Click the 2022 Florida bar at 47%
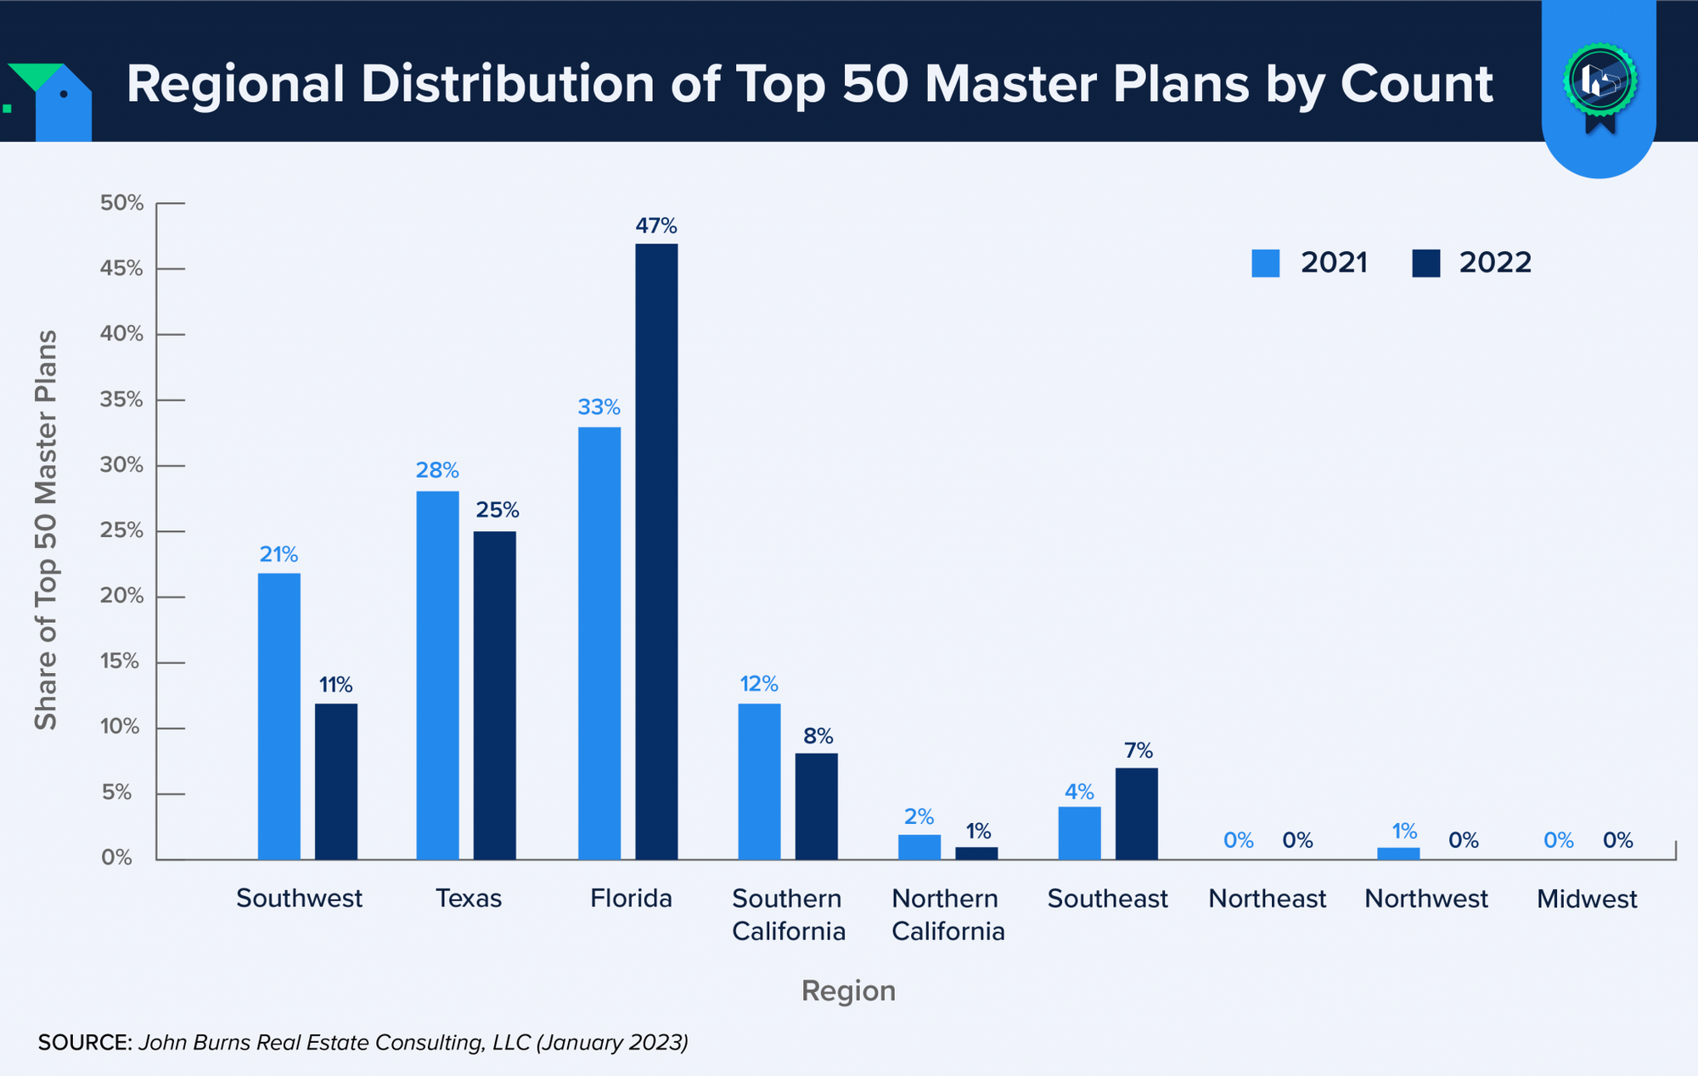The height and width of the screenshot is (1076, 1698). click(x=656, y=552)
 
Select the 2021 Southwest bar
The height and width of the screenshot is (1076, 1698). click(x=278, y=716)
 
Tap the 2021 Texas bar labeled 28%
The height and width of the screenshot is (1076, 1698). click(x=437, y=675)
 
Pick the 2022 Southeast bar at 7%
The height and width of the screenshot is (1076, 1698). click(x=1137, y=814)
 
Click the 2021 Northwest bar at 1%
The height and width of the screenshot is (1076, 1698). click(x=1398, y=854)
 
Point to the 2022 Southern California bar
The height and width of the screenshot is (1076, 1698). click(x=816, y=806)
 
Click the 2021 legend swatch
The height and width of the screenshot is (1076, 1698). click(x=1265, y=263)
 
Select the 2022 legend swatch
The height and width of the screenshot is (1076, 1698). click(x=1426, y=263)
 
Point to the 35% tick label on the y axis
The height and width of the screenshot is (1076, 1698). click(x=121, y=400)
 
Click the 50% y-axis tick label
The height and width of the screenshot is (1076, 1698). click(x=121, y=203)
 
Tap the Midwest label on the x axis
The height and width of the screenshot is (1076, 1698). click(x=1586, y=899)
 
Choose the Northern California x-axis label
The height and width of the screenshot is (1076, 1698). click(x=947, y=915)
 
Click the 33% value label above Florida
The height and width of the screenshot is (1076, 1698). click(x=599, y=407)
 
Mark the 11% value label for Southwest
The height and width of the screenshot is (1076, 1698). click(x=335, y=685)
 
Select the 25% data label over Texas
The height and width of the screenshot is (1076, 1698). click(x=497, y=510)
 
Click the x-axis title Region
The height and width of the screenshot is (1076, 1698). click(x=848, y=990)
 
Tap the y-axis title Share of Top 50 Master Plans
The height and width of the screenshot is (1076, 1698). click(x=46, y=530)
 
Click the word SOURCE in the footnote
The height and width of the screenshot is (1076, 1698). click(x=85, y=1042)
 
